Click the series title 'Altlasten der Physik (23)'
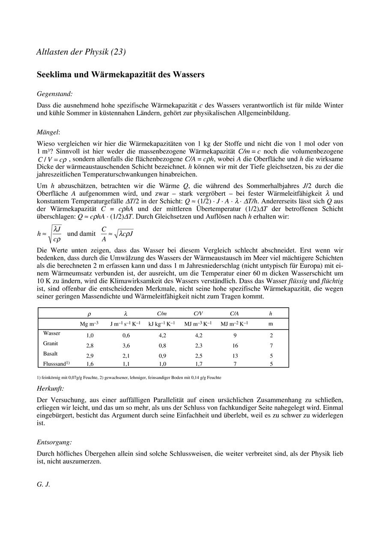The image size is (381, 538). click(81, 52)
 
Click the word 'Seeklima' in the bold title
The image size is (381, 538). click(55, 74)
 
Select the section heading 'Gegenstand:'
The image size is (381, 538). click(54, 93)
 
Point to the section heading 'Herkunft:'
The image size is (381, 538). click(51, 388)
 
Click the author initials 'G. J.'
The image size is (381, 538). click(43, 485)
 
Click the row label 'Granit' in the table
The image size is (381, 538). click(51, 343)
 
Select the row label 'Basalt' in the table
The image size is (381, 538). click(51, 354)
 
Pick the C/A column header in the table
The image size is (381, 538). click(234, 313)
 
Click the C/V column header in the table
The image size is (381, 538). click(198, 313)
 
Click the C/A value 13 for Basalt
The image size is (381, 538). click(234, 356)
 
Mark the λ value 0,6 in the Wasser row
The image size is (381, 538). click(126, 335)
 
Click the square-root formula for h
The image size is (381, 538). click(50, 233)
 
